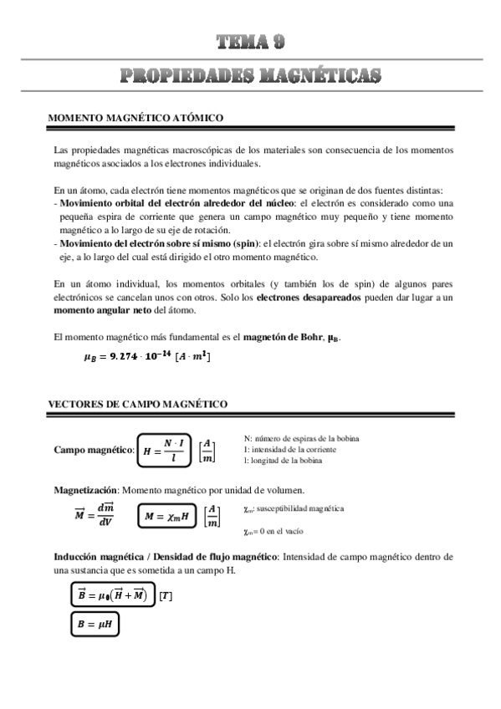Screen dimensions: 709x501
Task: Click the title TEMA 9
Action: (250, 43)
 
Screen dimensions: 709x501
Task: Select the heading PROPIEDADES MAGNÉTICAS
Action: (250, 76)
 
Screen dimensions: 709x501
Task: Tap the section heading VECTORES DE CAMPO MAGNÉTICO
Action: (137, 405)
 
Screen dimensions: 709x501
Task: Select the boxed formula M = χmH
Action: (166, 516)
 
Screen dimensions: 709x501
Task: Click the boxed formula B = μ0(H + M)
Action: (112, 595)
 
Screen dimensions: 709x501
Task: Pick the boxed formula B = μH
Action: (98, 624)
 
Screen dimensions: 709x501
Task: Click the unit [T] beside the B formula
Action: (166, 596)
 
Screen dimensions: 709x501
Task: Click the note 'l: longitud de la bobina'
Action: (287, 460)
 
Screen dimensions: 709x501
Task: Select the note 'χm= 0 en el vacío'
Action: (274, 531)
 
